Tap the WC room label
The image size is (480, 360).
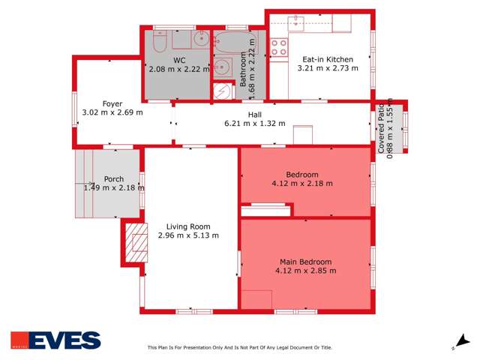click(x=179, y=60)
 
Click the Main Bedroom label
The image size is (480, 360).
click(x=305, y=261)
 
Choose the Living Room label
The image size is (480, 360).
click(x=188, y=226)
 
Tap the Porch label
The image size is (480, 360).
click(x=114, y=178)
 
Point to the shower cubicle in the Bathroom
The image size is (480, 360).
click(x=223, y=91)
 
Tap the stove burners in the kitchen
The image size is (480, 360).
click(x=279, y=47)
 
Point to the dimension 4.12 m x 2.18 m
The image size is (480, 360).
click(x=302, y=182)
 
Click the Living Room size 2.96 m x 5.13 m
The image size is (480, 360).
click(x=188, y=235)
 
